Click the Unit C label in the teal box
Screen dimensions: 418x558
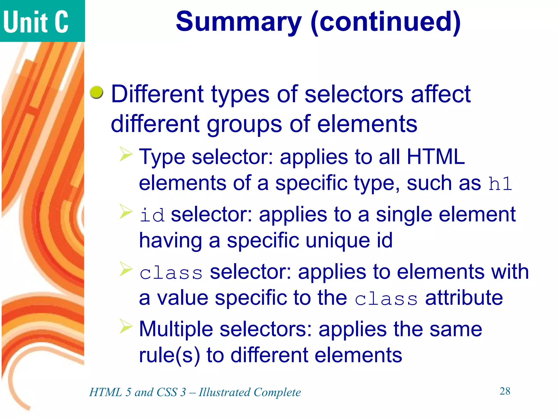[36, 22]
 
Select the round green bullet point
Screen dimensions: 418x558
[96, 92]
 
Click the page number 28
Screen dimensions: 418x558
[505, 391]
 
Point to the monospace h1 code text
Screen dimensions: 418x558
[500, 184]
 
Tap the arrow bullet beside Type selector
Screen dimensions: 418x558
[126, 154]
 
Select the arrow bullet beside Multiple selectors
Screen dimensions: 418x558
[126, 326]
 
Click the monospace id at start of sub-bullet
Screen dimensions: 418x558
[152, 215]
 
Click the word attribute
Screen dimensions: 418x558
[464, 298]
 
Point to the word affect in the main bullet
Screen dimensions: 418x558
[441, 94]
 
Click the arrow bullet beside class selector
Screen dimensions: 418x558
[126, 269]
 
